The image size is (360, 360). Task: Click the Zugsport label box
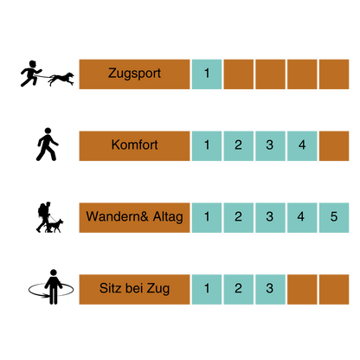coord(134,74)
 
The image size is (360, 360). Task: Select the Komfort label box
coord(134,146)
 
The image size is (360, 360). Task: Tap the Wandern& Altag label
coord(134,217)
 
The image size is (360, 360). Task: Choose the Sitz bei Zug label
coord(134,289)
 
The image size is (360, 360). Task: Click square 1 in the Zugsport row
coord(207,74)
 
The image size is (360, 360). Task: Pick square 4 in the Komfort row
coord(302,146)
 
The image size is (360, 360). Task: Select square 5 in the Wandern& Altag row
coord(334,217)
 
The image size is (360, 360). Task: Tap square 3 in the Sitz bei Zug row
coord(270,289)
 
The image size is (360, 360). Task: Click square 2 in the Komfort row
coord(239,146)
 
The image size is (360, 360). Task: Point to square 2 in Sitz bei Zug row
coord(239,289)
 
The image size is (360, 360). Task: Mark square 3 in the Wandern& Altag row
coord(270,217)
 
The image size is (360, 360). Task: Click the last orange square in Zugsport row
coord(334,74)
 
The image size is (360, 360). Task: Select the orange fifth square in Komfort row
coord(334,146)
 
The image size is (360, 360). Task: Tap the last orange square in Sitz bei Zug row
coord(334,289)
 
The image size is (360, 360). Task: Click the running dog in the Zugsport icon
coord(61,79)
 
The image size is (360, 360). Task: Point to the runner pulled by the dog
coord(30,74)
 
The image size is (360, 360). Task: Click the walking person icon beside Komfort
coord(47,145)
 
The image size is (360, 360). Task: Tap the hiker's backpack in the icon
coord(42,210)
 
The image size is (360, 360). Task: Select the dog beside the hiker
coord(55,226)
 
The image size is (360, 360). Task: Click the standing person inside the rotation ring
coord(53,286)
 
